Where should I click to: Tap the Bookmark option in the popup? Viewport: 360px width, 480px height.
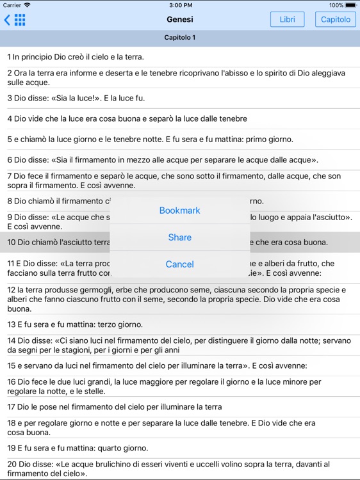click(179, 211)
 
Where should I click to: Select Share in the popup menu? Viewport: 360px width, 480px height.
click(179, 237)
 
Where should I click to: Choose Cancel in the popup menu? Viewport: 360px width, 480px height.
click(179, 264)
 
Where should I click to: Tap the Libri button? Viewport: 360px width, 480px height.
click(288, 19)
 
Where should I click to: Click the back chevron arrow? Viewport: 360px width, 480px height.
click(7, 20)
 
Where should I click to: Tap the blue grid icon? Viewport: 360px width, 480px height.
click(20, 20)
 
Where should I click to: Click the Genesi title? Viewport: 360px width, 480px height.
click(180, 19)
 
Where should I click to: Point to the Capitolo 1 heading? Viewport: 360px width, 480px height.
click(180, 38)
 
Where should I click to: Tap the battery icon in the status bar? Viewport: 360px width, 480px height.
click(351, 4)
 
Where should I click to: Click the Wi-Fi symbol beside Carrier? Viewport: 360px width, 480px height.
click(28, 4)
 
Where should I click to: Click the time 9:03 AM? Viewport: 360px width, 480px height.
click(180, 4)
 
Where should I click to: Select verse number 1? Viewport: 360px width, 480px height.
click(9, 57)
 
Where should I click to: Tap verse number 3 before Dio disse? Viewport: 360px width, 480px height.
click(10, 98)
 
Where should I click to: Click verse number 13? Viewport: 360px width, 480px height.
click(12, 324)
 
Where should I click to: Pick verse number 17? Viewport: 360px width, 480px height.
click(12, 406)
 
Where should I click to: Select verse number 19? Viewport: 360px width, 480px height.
click(12, 448)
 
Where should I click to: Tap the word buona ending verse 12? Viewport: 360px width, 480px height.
click(19, 308)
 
